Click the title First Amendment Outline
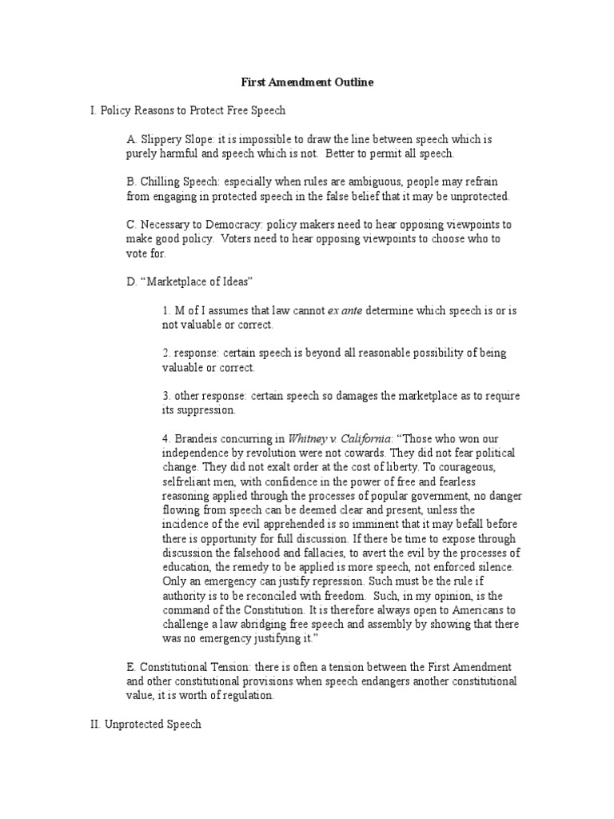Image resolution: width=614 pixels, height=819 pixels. point(307,82)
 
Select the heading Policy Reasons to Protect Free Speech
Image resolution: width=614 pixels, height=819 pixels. point(193,110)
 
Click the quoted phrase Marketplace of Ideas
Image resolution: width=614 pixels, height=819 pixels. point(197,282)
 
